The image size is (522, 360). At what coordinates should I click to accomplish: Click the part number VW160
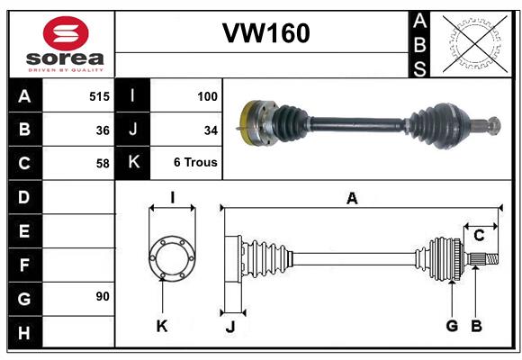click(x=266, y=33)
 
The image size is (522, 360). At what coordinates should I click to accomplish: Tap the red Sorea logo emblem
click(x=66, y=33)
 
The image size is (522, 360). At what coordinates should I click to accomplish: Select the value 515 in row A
click(x=99, y=96)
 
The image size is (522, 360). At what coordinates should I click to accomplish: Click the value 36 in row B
click(x=103, y=130)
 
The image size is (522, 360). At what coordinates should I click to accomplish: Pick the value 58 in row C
click(x=103, y=164)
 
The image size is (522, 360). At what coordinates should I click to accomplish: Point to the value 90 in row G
click(x=103, y=296)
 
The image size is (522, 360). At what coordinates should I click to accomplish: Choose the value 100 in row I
click(x=207, y=96)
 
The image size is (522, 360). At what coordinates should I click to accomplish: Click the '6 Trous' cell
click(x=195, y=162)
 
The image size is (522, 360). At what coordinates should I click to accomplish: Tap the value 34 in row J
click(x=211, y=130)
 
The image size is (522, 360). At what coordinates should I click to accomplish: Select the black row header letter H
click(x=24, y=333)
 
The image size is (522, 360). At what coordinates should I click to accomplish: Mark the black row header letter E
click(x=24, y=230)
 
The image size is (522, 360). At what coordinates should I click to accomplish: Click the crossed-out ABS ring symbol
click(x=475, y=44)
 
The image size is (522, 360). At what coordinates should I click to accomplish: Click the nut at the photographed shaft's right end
click(x=495, y=126)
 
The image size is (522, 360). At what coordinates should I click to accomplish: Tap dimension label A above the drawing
click(x=352, y=198)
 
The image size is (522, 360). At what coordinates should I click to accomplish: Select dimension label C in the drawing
click(x=479, y=236)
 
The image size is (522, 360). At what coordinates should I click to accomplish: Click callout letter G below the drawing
click(x=452, y=326)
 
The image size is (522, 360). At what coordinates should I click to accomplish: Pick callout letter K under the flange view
click(x=162, y=326)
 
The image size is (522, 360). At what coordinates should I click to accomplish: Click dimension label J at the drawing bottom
click(x=230, y=327)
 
